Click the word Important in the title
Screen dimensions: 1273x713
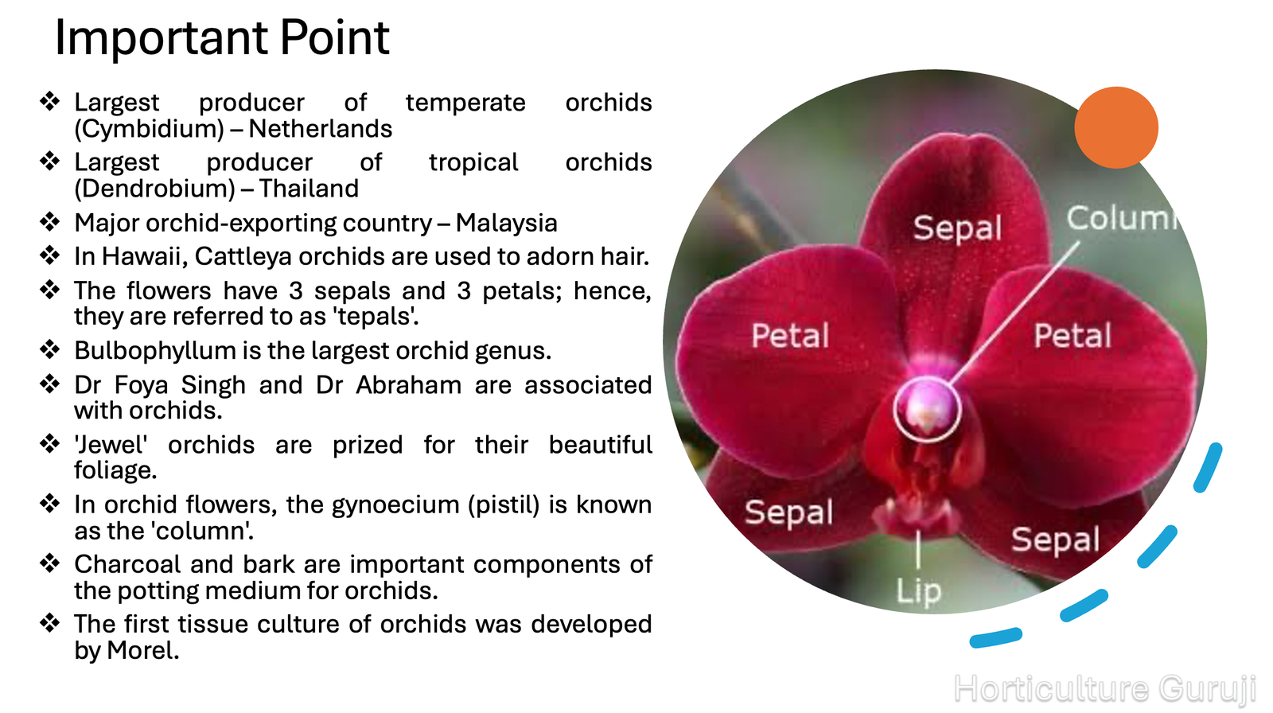point(161,37)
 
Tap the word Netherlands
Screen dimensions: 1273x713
point(321,128)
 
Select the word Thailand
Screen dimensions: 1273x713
point(309,189)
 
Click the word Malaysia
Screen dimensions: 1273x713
point(506,223)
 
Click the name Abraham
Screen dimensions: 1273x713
point(409,385)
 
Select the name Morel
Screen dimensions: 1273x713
point(143,650)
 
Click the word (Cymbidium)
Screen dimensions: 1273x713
point(150,129)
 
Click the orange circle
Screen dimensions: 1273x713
point(1116,127)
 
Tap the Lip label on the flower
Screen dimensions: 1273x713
point(918,590)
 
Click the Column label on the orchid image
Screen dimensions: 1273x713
point(1123,218)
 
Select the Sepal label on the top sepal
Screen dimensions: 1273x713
point(958,228)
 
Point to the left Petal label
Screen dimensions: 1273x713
point(790,336)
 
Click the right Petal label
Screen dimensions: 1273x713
point(1073,336)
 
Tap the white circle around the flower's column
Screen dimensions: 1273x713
point(894,409)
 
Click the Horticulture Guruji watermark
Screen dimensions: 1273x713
point(1105,688)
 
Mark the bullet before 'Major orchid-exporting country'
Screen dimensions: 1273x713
point(50,221)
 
